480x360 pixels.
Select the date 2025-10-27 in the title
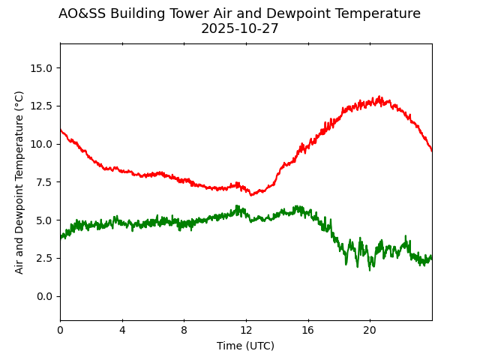coord(239,29)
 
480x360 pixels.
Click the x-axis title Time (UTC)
coord(245,346)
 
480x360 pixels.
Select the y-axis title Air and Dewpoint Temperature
coord(19,181)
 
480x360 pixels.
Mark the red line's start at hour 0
coord(61,130)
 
